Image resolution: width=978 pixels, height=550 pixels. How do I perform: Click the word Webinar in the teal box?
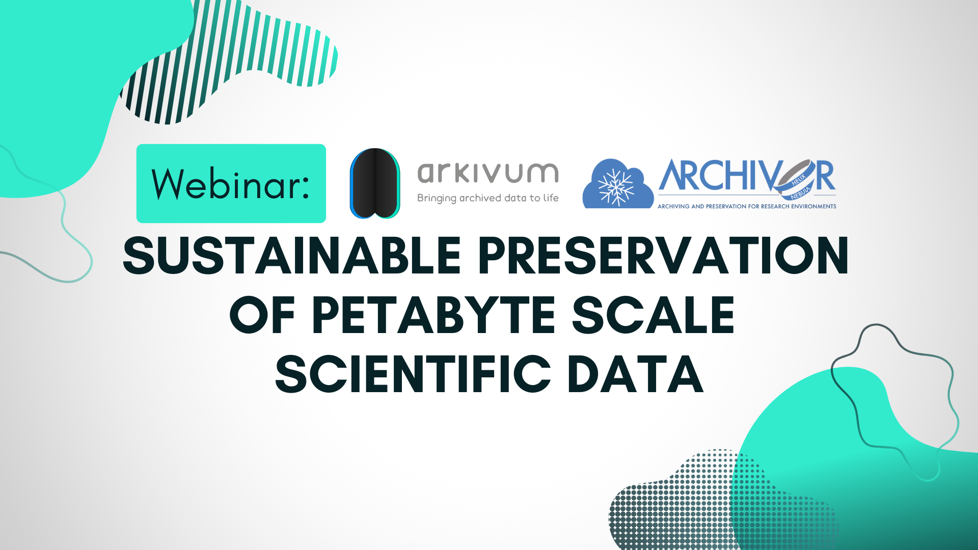pyautogui.click(x=227, y=184)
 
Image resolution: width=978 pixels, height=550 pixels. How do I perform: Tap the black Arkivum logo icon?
pyautogui.click(x=375, y=183)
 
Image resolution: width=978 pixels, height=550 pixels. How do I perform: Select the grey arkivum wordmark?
pyautogui.click(x=487, y=173)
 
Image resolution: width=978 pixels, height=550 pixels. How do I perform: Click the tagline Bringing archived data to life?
pyautogui.click(x=487, y=198)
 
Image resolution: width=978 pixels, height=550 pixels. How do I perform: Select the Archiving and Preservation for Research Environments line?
pyautogui.click(x=747, y=206)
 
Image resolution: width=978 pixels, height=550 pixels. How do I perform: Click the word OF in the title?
pyautogui.click(x=262, y=315)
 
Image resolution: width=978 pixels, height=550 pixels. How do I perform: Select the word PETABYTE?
pyautogui.click(x=433, y=315)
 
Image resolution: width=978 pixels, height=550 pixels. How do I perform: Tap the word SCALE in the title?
pyautogui.click(x=654, y=315)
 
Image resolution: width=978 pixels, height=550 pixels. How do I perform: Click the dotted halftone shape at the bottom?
pyautogui.click(x=677, y=504)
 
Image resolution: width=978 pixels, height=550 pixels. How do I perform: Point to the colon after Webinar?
pyautogui.click(x=306, y=185)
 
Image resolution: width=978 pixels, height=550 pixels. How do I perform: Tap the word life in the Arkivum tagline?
pyautogui.click(x=551, y=198)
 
